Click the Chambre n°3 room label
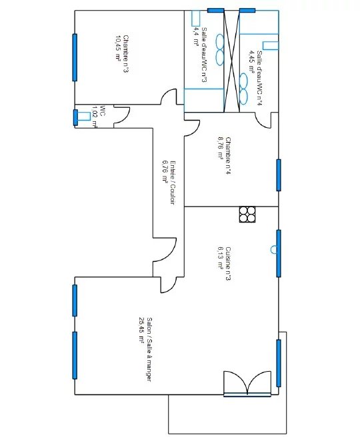tap(126, 54)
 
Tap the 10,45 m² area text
tap(117, 48)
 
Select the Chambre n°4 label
tap(228, 155)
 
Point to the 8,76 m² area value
tap(221, 148)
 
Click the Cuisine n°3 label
tap(228, 264)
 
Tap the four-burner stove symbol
tap(247, 215)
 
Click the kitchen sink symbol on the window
tap(273, 249)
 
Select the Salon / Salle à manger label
tap(149, 350)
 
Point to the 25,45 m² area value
tap(141, 330)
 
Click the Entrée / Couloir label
tap(173, 183)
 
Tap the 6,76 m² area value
tap(165, 172)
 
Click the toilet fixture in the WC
tap(84, 116)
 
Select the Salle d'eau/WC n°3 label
tap(205, 55)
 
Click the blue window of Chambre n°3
tap(75, 57)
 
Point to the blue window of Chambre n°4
tap(279, 175)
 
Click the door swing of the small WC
tap(121, 115)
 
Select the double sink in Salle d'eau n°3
tap(219, 50)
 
